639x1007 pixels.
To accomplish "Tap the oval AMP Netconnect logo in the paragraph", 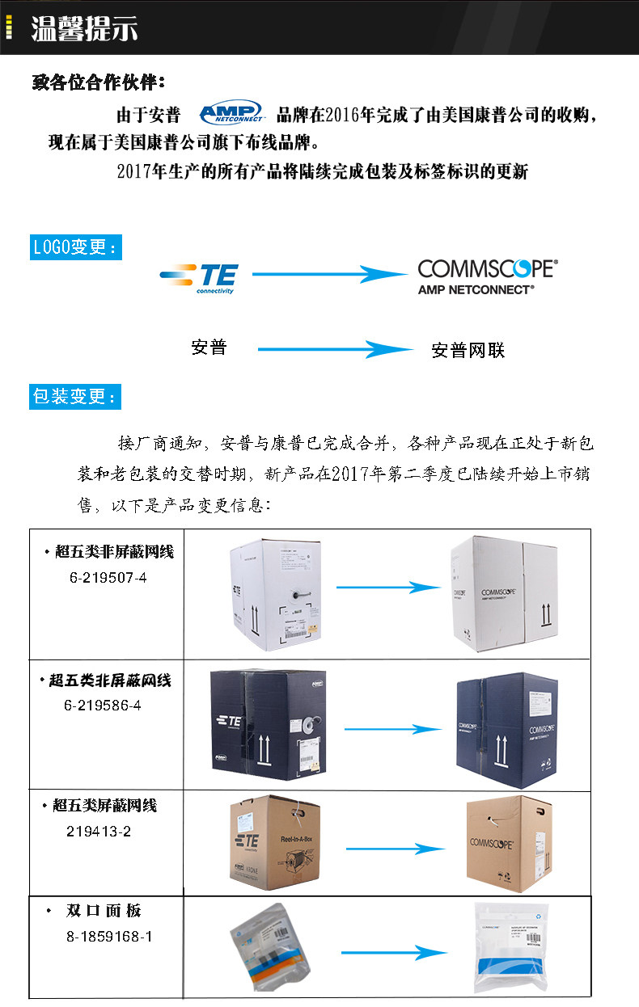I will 231,112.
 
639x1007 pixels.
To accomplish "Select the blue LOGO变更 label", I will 75,247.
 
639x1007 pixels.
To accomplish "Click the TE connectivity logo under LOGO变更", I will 198,277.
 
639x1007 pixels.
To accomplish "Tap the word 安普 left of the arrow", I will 209,348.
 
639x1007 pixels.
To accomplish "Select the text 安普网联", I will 468,351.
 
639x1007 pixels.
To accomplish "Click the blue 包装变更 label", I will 75,397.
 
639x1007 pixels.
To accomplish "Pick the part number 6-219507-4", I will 108,578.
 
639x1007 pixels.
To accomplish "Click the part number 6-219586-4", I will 103,705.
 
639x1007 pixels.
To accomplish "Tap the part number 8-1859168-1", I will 109,937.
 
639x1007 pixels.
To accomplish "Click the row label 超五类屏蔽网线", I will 104,806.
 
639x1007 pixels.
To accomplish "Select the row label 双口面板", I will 104,911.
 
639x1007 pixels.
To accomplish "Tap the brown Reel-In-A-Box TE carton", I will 276,844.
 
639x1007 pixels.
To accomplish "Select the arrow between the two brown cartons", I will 395,849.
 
